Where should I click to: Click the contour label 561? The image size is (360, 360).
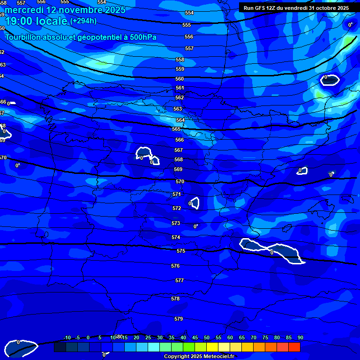[180, 88]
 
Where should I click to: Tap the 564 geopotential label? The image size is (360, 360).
[180, 120]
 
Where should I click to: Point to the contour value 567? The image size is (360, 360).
[179, 150]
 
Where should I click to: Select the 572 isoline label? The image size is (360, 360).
[177, 209]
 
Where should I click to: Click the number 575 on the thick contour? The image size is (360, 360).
[181, 251]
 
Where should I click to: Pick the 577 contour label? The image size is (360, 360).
[180, 281]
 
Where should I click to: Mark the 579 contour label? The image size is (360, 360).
[179, 319]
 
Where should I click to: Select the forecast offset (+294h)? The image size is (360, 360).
[83, 21]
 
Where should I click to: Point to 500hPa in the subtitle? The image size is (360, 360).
[141, 37]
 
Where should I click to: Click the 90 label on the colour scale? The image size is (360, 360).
[300, 338]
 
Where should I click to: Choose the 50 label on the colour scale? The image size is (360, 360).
[207, 338]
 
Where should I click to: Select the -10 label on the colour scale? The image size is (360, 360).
[67, 338]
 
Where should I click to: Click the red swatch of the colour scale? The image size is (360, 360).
[294, 347]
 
